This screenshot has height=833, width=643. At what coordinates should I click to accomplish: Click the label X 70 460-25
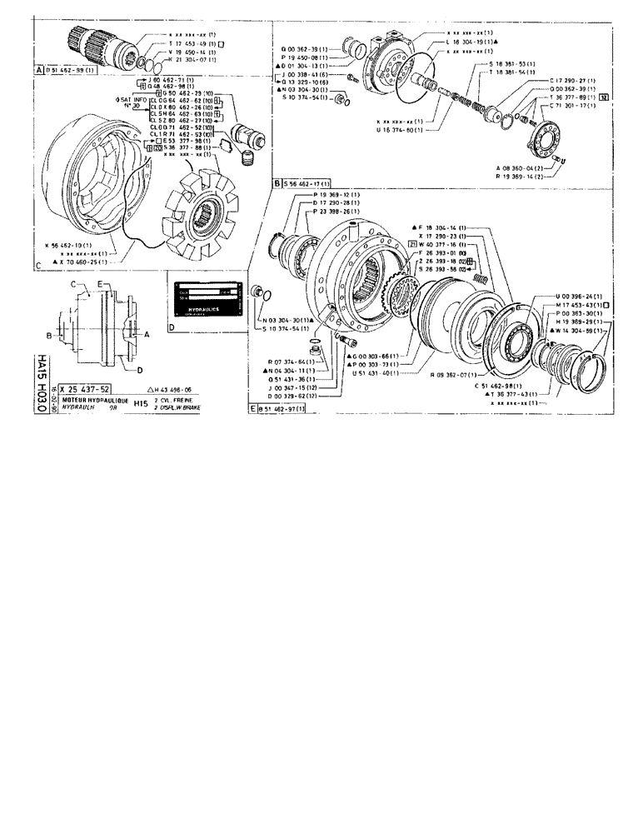[x=84, y=262]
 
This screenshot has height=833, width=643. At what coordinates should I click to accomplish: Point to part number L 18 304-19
[x=469, y=42]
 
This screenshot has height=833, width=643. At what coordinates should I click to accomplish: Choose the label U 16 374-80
[x=401, y=130]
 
